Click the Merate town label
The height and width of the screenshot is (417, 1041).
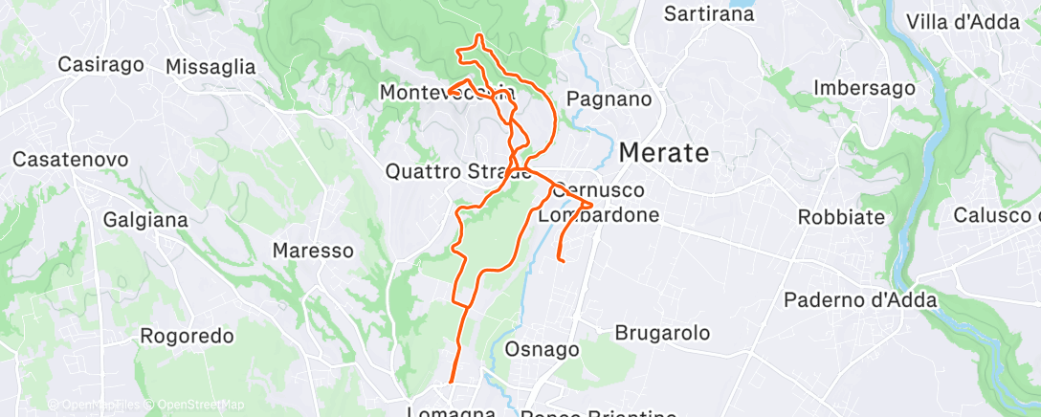click(x=665, y=153)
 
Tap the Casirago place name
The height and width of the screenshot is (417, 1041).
click(x=100, y=65)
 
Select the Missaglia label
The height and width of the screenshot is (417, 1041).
click(x=210, y=67)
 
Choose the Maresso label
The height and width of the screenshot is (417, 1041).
click(x=313, y=251)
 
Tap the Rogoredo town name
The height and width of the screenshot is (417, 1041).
click(x=188, y=336)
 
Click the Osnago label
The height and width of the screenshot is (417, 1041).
click(x=542, y=350)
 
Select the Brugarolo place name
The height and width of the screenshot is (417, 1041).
click(x=663, y=334)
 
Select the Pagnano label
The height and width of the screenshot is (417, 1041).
click(x=609, y=99)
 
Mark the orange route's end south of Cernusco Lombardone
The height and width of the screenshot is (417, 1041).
click(x=560, y=259)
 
